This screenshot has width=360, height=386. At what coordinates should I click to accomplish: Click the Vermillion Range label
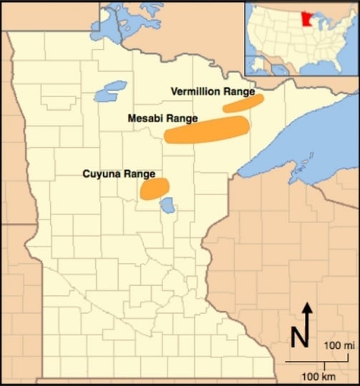point(213,91)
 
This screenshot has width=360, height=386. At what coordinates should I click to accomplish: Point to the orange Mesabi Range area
point(207,129)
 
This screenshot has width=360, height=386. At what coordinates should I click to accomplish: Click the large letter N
point(301,337)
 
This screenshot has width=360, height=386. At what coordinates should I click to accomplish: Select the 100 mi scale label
point(339,346)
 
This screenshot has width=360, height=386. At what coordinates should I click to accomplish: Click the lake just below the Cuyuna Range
point(167,208)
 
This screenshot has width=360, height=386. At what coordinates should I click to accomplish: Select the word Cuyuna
point(102,173)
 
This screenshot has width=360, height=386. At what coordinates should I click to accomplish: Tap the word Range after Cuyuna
point(140,173)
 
